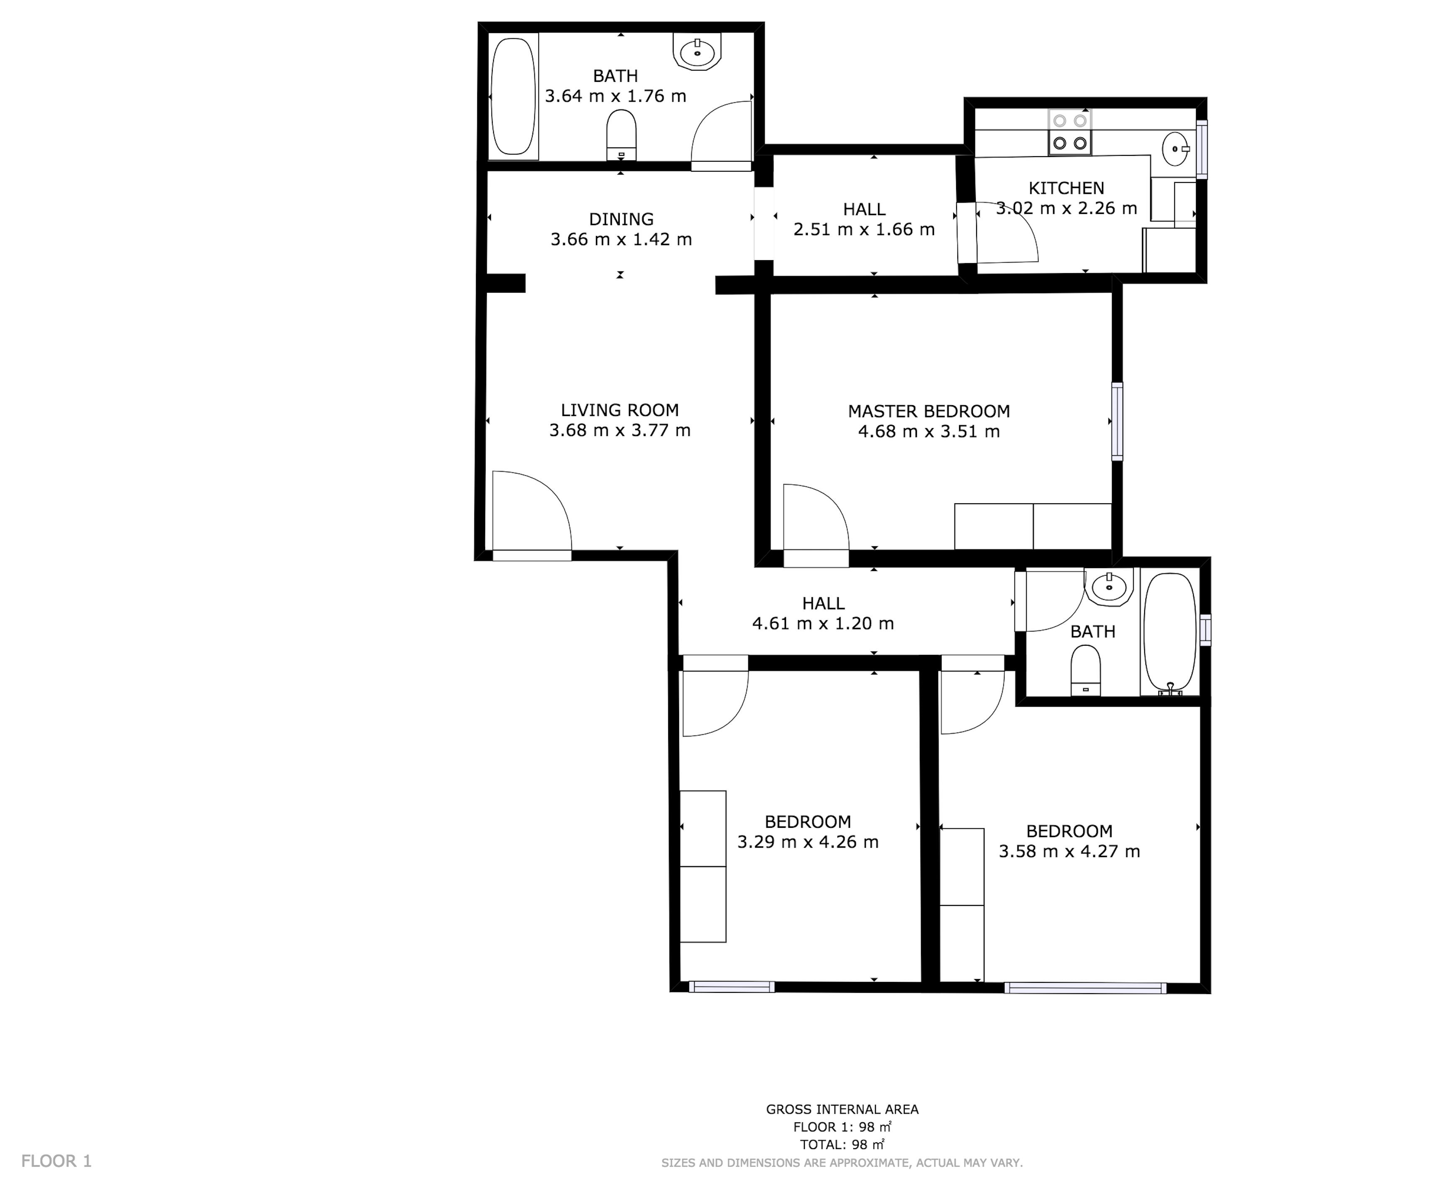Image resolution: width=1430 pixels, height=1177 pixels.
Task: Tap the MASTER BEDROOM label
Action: pyautogui.click(x=929, y=411)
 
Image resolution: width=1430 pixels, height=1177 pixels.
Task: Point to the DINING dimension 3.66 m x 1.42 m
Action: pyautogui.click(x=621, y=239)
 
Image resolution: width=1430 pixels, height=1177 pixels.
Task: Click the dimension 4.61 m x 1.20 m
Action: pyautogui.click(x=823, y=623)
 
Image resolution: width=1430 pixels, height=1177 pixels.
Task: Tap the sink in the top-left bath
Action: pyautogui.click(x=697, y=51)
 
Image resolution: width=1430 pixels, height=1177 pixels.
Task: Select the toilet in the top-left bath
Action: pyautogui.click(x=621, y=135)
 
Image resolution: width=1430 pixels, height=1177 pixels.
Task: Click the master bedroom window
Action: pyautogui.click(x=1117, y=421)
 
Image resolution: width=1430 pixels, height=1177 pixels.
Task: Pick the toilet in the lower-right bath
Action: pyautogui.click(x=1085, y=670)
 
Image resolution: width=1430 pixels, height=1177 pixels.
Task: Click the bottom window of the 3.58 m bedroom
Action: pyautogui.click(x=1085, y=988)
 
